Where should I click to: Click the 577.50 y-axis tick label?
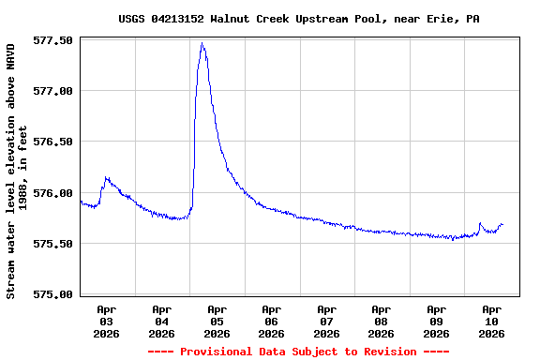point(53,40)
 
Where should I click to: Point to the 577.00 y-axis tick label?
point(53,91)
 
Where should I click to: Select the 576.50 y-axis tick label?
point(53,142)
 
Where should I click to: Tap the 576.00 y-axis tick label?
point(53,193)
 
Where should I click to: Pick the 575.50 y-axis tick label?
point(53,244)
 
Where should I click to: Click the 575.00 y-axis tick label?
point(53,294)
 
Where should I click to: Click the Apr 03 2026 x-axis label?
point(107,321)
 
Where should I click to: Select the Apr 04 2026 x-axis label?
point(161,321)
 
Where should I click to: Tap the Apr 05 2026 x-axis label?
point(217,321)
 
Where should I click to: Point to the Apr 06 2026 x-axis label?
point(271,321)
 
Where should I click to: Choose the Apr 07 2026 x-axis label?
point(326,321)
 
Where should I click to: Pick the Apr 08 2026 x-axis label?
point(381,321)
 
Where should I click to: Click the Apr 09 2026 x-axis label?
point(436,321)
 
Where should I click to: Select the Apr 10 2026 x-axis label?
point(491,321)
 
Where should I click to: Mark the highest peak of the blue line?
point(202,43)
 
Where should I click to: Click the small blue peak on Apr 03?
point(106,177)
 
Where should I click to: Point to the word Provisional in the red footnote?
point(215,352)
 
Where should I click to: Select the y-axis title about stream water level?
point(17,171)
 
